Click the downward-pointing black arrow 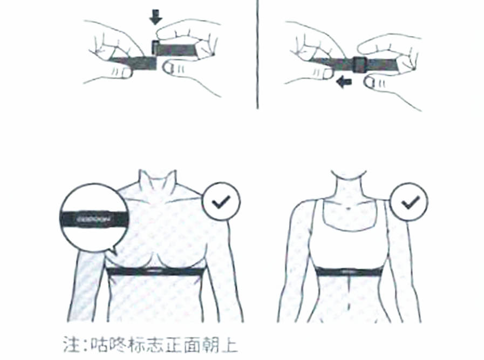(x=155, y=18)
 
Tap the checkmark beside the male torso (x=221, y=202)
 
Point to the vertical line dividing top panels (x=258, y=54)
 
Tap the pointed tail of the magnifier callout (x=112, y=252)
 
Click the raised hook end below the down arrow (x=155, y=47)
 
